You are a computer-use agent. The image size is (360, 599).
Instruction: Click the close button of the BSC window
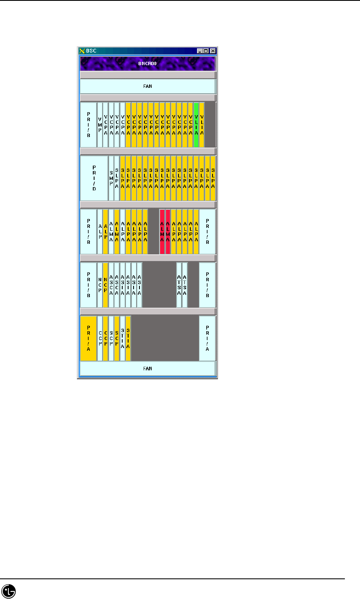(213, 51)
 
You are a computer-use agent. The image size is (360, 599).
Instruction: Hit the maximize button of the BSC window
(206, 51)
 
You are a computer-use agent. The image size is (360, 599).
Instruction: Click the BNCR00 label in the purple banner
(147, 64)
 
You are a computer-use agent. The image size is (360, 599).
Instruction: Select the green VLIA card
(196, 124)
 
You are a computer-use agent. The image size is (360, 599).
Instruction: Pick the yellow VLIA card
(202, 124)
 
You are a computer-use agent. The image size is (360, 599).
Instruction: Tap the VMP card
(100, 124)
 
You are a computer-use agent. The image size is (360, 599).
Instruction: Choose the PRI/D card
(94, 178)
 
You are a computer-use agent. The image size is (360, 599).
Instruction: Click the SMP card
(111, 178)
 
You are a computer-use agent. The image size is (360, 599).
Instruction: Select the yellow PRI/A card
(88, 338)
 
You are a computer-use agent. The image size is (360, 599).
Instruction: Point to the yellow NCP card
(105, 285)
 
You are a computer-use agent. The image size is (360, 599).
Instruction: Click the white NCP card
(100, 285)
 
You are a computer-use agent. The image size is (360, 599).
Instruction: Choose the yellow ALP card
(105, 231)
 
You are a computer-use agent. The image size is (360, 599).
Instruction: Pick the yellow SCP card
(117, 338)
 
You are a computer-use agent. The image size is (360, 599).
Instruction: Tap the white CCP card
(100, 338)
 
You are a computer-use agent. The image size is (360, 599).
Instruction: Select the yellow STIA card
(128, 338)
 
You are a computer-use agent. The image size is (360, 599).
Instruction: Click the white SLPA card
(117, 178)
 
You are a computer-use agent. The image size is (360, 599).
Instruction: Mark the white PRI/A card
(208, 338)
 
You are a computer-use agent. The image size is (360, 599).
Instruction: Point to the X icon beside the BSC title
(82, 51)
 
